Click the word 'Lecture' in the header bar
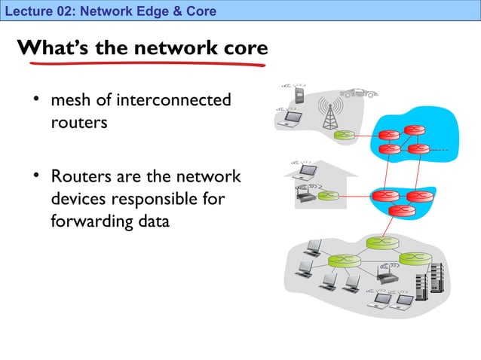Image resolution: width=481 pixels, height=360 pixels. pos(25,11)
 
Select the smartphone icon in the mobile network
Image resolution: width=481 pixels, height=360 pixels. pos(299,96)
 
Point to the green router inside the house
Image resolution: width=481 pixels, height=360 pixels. pos(326,196)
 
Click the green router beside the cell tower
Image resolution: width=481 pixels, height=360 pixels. pos(345,136)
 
